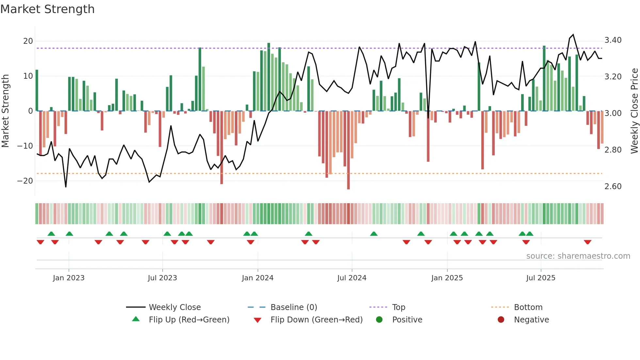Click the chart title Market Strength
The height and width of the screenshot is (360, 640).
[x=47, y=9]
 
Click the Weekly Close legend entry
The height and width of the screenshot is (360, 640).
[x=174, y=307]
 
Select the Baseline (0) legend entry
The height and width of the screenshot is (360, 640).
[x=294, y=307]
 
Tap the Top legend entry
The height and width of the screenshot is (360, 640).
[x=398, y=307]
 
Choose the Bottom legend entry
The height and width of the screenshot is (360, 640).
[x=528, y=307]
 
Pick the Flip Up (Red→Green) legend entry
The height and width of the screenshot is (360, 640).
[x=189, y=319]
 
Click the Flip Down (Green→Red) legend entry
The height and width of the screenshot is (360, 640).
[x=316, y=319]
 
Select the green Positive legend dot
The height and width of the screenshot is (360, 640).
[x=379, y=319]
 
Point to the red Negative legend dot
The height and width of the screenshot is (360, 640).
[x=501, y=319]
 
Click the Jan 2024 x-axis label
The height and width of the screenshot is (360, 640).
[x=258, y=278]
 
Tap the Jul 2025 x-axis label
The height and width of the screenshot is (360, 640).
[x=541, y=278]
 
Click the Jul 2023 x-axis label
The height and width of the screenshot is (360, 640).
[x=162, y=278]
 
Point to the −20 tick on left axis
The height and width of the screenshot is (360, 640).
[x=25, y=181]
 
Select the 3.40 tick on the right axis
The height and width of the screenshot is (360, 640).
[x=613, y=40]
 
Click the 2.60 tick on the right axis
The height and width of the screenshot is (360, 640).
[x=613, y=187]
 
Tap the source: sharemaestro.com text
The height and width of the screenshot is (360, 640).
[x=578, y=256]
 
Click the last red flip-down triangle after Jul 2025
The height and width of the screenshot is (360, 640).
[x=588, y=242]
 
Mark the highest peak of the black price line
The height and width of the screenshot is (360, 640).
[x=573, y=35]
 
